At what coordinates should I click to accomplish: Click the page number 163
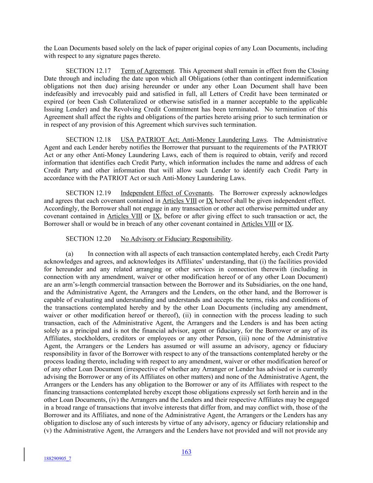pos(186,452)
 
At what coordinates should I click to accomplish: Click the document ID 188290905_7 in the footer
pos(57,459)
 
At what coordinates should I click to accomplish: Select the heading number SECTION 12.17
pos(88,71)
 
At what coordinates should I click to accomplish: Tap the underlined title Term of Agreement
pos(147,71)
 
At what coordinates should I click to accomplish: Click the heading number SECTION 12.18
pos(88,140)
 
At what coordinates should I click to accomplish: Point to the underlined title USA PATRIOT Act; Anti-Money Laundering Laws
pos(194,140)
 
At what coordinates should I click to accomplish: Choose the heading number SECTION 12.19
pos(88,193)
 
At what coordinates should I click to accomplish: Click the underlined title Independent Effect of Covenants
pos(167,193)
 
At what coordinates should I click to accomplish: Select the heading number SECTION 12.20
pos(88,239)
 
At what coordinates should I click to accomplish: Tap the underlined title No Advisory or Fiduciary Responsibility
pos(176,239)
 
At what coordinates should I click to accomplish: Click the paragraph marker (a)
pos(70,254)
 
